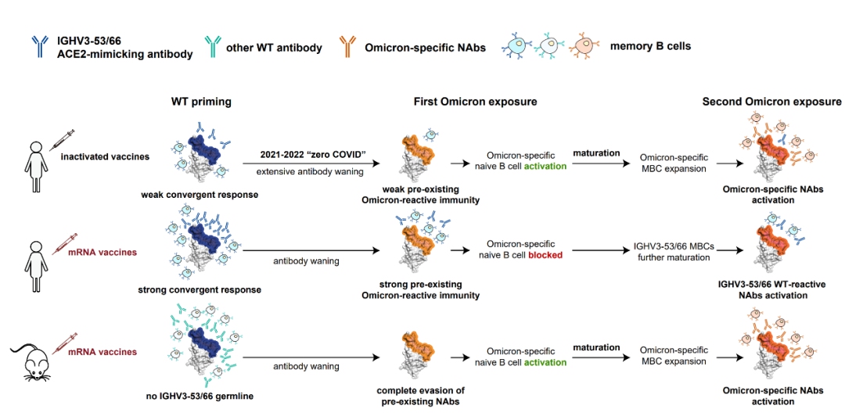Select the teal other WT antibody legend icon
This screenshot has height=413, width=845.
point(210,48)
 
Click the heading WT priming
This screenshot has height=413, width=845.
point(201,102)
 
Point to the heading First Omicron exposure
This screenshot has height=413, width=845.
point(476,102)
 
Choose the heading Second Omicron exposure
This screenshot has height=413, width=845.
point(771,102)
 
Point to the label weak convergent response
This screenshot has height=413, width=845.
point(200,194)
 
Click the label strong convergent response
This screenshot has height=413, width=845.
point(200,290)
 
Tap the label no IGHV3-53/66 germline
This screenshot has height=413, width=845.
point(200,396)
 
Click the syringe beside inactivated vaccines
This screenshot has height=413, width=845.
point(62,141)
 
